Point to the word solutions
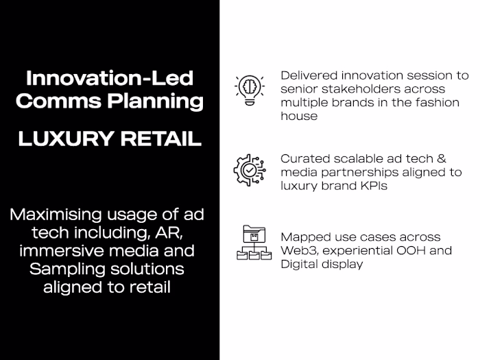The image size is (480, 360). click(143, 268)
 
